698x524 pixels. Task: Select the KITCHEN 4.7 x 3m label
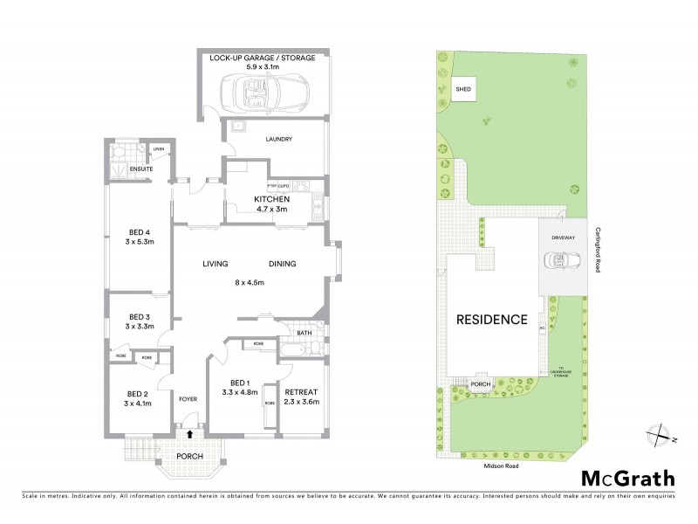coord(272,204)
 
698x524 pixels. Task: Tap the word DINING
coord(283,264)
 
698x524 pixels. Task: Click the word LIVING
coord(216,264)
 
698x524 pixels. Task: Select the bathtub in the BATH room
coord(293,350)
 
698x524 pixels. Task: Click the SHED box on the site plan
coord(463,87)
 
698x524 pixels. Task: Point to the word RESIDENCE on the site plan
coord(492,320)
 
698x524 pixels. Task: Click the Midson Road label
coord(502,467)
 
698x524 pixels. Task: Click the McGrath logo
coord(627,478)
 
